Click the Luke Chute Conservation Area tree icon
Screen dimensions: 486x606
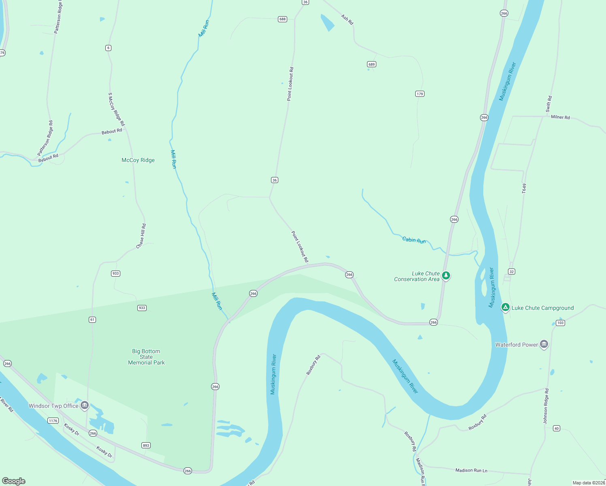point(446,275)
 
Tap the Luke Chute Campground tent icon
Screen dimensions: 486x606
point(505,307)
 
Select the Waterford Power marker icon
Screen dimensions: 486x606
point(544,344)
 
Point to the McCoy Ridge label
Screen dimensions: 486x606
point(138,160)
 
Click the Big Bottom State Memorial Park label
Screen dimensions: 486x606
point(146,357)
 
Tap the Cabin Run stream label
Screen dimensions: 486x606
point(414,240)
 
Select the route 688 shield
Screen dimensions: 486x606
point(282,19)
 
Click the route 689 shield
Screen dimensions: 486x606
point(371,64)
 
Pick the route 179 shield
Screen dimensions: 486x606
point(420,94)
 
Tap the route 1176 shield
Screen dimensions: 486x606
point(53,421)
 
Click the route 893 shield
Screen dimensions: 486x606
point(146,446)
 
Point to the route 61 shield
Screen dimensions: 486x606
point(92,320)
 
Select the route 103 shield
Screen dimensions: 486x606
point(560,323)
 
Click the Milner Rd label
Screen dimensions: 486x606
point(560,117)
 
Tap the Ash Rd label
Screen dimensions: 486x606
point(347,19)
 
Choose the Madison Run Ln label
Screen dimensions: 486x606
point(471,470)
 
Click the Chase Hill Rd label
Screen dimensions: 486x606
point(141,236)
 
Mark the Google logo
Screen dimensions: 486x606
point(14,481)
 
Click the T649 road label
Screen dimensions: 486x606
point(524,188)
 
